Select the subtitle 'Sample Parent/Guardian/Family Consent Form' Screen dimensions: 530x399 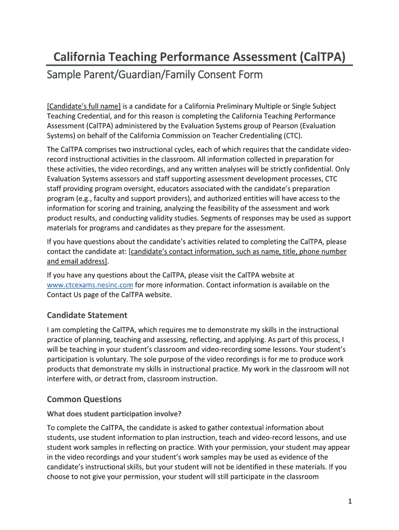154,75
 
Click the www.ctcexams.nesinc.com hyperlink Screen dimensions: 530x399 90,285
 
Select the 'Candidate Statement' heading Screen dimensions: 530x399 87,315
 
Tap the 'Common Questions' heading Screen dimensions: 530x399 84,399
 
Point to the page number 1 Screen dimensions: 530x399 350,501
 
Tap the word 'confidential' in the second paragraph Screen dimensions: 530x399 312,169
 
